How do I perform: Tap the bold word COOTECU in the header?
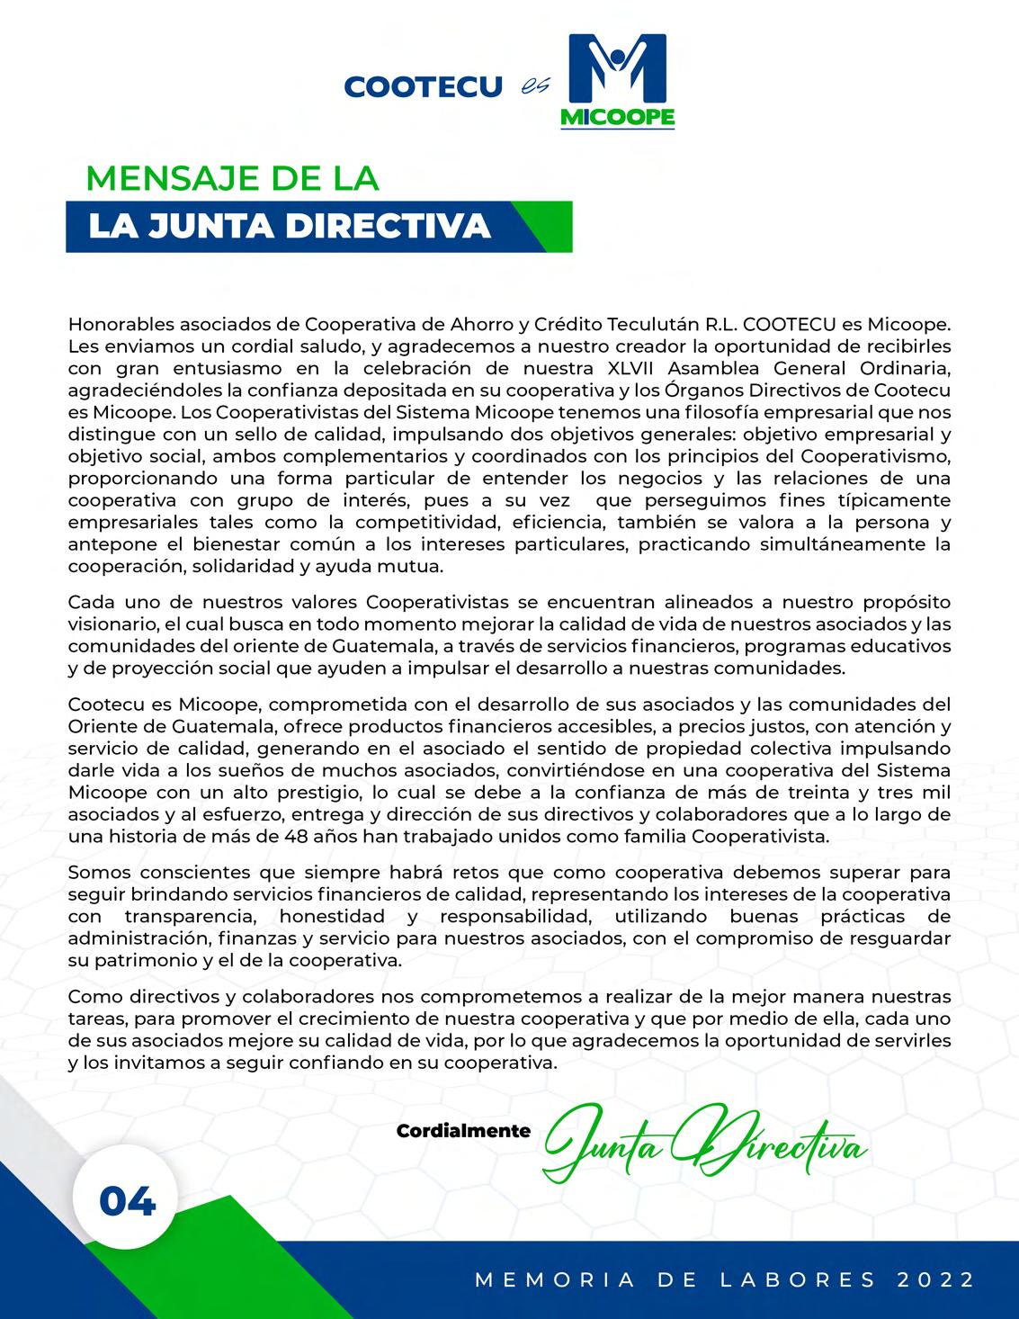[423, 87]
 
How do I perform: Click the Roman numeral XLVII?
[617, 368]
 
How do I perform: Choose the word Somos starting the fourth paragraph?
[95, 873]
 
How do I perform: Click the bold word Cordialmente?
[463, 1131]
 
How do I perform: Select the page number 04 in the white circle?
[127, 1202]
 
